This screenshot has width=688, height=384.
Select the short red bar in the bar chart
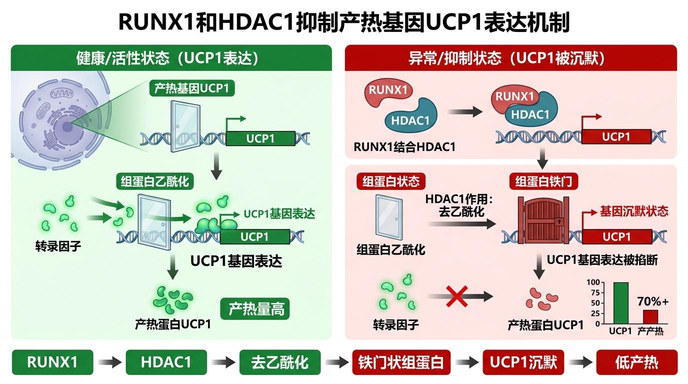650,316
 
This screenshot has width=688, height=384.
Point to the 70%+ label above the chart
652,301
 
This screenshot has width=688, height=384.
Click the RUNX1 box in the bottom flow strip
52,362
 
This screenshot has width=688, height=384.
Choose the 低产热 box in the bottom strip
636,362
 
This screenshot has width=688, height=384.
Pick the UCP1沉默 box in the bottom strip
523,362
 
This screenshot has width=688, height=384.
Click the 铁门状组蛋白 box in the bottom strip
401,362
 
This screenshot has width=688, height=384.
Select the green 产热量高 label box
256,309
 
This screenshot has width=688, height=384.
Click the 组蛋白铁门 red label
543,181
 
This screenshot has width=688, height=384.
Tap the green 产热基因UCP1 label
191,89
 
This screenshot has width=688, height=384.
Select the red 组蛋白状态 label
387,181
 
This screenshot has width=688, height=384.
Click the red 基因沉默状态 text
633,211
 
